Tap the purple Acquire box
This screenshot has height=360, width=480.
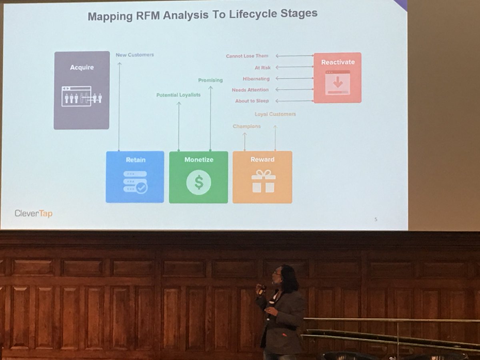[82, 90]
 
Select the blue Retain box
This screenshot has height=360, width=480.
[135, 177]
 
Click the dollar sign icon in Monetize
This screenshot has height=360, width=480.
[198, 182]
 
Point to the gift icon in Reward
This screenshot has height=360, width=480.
[263, 181]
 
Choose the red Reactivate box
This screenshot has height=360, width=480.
[337, 78]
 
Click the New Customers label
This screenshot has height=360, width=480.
[135, 55]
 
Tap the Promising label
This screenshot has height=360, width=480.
[210, 80]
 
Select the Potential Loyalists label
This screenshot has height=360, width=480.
[178, 95]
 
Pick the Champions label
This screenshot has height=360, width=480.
[246, 126]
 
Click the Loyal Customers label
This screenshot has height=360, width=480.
[275, 114]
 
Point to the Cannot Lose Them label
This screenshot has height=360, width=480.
[247, 56]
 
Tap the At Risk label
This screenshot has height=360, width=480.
[262, 68]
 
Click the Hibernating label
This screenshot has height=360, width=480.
[256, 79]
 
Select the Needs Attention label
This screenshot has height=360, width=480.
[250, 90]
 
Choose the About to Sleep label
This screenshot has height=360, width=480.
[252, 101]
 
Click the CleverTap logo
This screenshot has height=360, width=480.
[33, 213]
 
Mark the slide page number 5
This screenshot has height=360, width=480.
[376, 219]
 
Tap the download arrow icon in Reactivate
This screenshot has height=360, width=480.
[337, 82]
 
